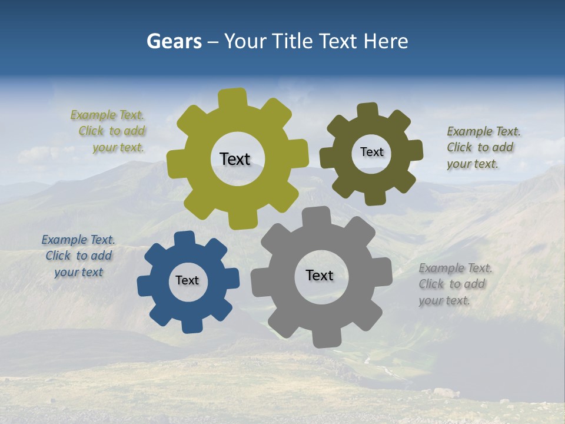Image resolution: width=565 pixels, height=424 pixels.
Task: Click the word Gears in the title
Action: (x=174, y=42)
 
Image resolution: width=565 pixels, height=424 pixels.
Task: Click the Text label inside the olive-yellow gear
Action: (x=235, y=159)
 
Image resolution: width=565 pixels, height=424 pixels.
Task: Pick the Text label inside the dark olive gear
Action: (x=371, y=152)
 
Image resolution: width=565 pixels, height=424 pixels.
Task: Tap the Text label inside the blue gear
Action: (x=187, y=280)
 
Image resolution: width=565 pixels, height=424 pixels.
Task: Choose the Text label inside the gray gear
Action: (x=320, y=275)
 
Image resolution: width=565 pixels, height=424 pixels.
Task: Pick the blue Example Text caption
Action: (x=78, y=256)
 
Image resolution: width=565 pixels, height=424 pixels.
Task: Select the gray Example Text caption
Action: (x=455, y=284)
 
